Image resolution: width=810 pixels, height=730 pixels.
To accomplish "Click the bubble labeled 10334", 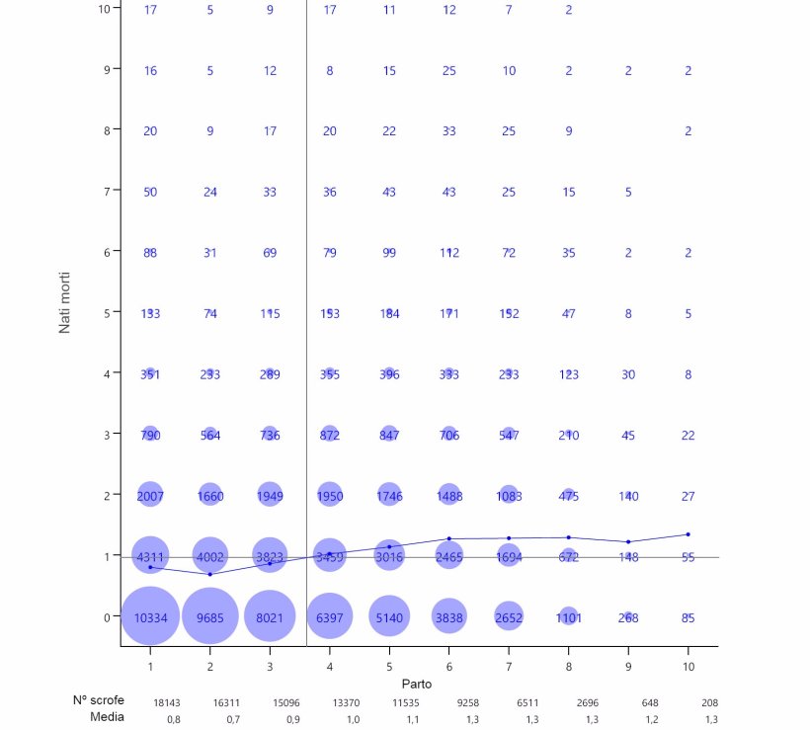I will point(150,617).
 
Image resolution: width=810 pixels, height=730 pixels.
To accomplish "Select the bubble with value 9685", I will point(209,617).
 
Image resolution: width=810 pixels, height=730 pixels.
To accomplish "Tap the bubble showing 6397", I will point(330,617).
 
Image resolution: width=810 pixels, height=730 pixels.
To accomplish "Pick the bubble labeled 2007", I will point(150,496).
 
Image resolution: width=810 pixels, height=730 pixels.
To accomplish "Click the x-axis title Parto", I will point(416,684).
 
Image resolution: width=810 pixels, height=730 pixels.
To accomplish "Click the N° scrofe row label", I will point(98,699).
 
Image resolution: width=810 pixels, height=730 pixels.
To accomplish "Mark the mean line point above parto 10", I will point(688,534).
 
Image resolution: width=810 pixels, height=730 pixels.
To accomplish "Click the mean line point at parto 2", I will point(209,574).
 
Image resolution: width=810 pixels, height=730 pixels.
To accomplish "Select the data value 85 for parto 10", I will point(688,618).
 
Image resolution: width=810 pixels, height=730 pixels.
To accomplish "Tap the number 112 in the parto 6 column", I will point(449,253).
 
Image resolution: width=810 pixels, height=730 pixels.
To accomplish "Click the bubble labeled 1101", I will point(569,617).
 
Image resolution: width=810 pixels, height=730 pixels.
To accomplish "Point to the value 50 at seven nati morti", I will point(150,192).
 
